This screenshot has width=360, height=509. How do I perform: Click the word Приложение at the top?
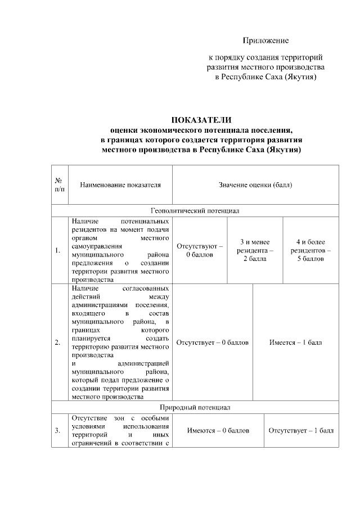pos(265,40)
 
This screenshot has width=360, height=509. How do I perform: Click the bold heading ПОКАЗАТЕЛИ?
pos(201,119)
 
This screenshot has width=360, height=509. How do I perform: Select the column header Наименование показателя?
pos(120,184)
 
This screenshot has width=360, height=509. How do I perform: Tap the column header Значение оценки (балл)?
pos(255,184)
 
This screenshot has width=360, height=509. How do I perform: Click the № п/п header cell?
pos(58,184)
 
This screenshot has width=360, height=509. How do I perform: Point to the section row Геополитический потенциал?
pos(195,211)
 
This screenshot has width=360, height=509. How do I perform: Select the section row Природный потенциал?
pos(195,407)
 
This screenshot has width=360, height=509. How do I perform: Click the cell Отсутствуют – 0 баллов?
pos(200,250)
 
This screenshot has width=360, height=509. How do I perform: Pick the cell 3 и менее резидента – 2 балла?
pos(255,250)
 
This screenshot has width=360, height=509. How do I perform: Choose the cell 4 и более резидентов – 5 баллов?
pos(310,250)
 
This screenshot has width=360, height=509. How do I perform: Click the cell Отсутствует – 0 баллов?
pos(212,343)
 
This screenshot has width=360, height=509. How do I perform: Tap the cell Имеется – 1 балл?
pos(295,343)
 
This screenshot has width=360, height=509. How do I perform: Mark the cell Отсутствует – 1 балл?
pos(301,431)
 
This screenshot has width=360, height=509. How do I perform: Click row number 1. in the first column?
pos(58,251)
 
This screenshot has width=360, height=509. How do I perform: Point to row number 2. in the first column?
pos(58,343)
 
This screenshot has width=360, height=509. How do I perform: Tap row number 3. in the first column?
pos(58,431)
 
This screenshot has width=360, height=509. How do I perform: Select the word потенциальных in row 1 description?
pos(145,222)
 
